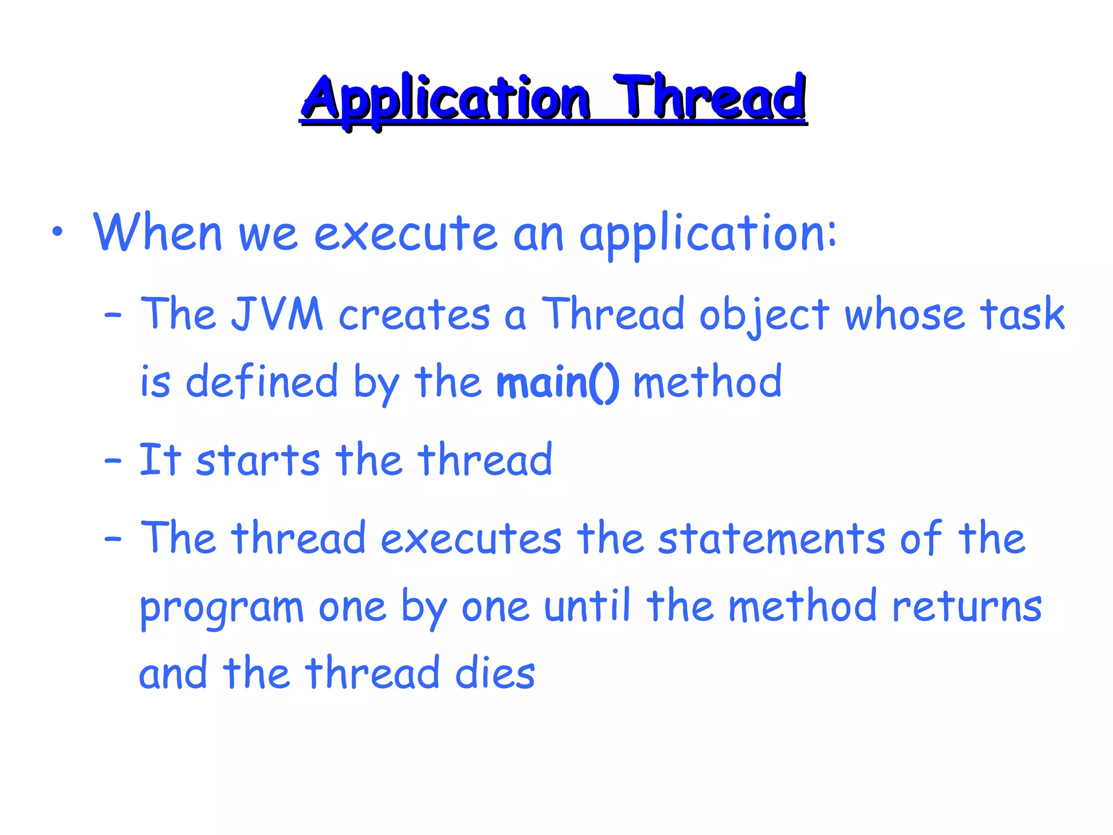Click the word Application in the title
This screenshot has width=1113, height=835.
[x=446, y=99]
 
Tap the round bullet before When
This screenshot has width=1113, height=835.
[x=58, y=233]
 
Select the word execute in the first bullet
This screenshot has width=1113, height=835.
[x=405, y=234]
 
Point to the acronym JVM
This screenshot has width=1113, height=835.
[x=277, y=314]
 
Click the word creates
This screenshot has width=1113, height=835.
[x=414, y=315]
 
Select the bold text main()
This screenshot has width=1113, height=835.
[x=558, y=383]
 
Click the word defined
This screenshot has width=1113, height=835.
[x=261, y=382]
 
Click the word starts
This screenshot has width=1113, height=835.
[x=258, y=460]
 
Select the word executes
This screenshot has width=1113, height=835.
[x=471, y=538]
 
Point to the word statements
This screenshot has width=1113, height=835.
[x=771, y=538]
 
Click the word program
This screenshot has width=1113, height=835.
[x=222, y=608]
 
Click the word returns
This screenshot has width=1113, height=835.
[x=967, y=607]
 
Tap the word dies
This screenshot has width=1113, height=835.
[x=495, y=674]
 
